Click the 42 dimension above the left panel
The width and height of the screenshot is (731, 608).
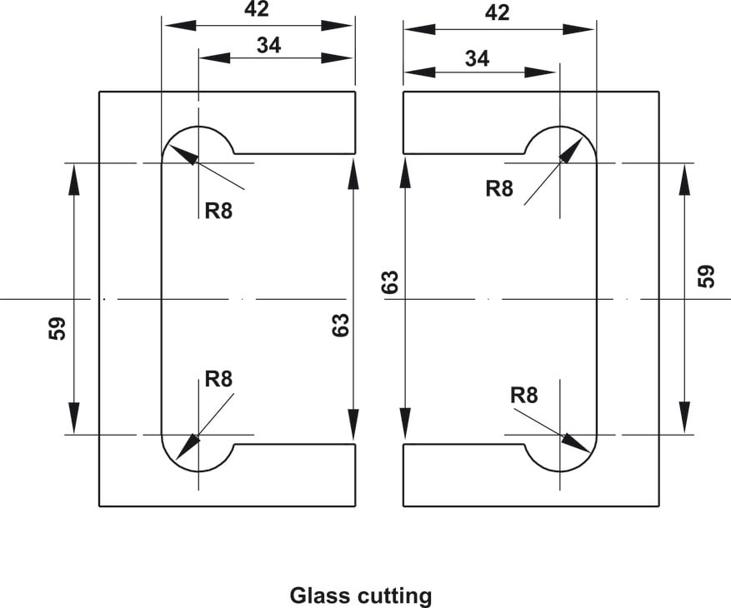coord(257,9)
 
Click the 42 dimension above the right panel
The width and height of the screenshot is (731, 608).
coord(497,12)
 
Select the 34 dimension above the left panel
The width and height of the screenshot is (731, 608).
coord(268,45)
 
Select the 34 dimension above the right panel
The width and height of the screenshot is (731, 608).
coord(477,58)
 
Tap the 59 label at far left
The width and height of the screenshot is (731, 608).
coord(57,328)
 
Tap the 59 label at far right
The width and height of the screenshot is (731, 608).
coord(705,276)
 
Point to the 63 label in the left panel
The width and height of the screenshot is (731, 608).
coord(340,325)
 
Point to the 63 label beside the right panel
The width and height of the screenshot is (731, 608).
coord(390,282)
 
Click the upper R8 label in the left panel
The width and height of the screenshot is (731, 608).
coord(218,211)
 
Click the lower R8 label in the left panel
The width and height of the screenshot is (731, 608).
coord(218,379)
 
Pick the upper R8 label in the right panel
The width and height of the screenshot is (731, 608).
coord(498,189)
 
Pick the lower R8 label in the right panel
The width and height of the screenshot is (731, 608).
coord(524,395)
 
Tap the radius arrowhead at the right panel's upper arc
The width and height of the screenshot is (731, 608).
coord(572,150)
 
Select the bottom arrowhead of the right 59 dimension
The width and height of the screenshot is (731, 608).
coord(684,418)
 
